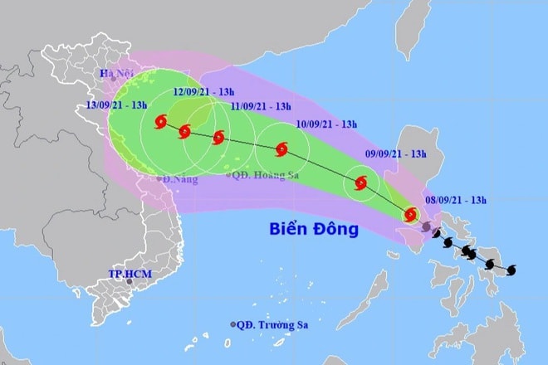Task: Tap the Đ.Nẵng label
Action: pos(181,179)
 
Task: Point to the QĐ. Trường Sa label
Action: pos(271,324)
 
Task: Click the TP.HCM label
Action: pos(128,273)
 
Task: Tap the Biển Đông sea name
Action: pos(313,229)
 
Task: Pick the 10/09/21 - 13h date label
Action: pos(326,125)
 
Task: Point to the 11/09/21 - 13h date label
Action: pos(260,107)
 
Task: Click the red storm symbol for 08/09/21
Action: pos(410,215)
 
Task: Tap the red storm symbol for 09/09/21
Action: pos(361,184)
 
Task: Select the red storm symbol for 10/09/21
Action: pos(281,150)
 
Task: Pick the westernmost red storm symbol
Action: pos(160,124)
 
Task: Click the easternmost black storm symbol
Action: pos(511,270)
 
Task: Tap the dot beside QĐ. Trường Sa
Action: pos(232,324)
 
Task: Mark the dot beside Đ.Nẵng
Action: pos(160,178)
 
